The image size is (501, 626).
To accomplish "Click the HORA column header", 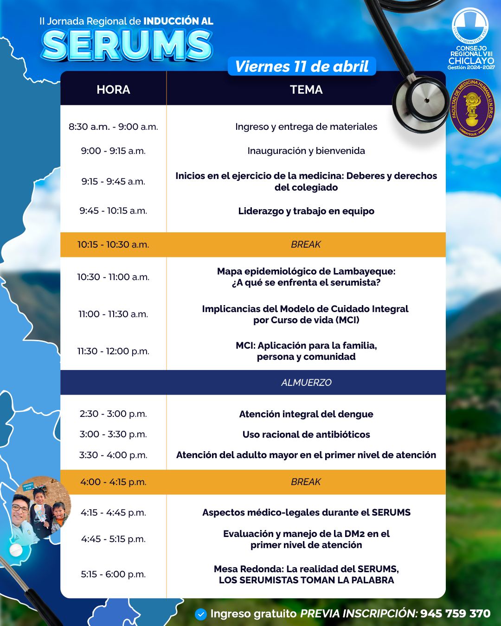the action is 113,89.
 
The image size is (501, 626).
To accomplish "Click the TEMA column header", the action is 306,89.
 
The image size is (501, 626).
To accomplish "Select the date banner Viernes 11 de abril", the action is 302,66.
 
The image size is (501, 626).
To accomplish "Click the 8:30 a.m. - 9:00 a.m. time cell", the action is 113,127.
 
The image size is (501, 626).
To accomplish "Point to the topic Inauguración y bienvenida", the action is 306,151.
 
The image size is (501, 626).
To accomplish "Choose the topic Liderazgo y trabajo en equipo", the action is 306,211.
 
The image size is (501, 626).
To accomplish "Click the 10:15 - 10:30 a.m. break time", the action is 113,244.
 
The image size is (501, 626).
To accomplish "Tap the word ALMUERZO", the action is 306,382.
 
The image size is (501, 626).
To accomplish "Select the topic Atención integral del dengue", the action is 306,414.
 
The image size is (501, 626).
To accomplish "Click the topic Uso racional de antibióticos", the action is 306,434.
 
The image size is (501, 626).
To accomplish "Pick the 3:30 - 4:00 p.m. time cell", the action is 113,455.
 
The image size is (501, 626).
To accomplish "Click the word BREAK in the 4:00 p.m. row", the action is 306,482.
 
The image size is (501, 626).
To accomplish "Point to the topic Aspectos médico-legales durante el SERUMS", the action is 306,512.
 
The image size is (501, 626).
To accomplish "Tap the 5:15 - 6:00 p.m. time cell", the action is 113,574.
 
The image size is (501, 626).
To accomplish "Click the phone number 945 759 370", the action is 456,613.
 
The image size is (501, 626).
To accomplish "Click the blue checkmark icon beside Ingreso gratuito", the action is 201,614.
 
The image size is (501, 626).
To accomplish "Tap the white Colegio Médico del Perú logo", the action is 470,26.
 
